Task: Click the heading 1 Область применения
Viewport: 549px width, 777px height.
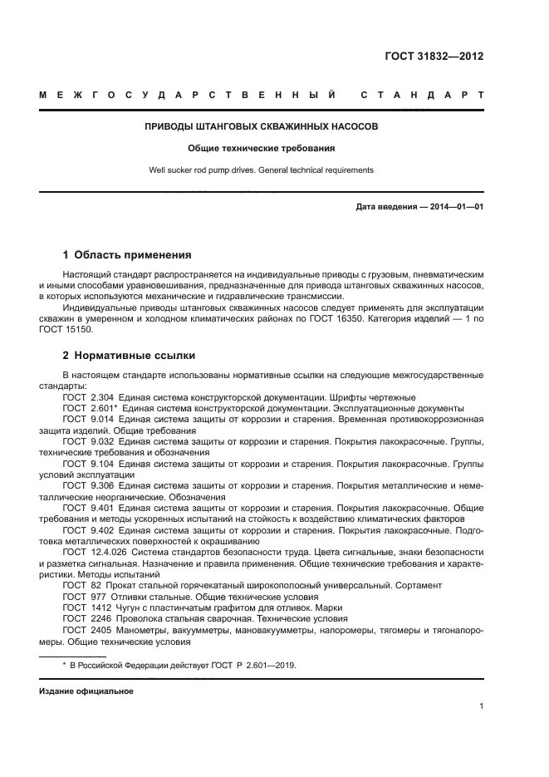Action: [127, 255]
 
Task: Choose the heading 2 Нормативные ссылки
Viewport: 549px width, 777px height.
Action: [129, 356]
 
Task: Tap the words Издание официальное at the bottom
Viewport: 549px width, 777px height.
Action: [86, 691]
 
